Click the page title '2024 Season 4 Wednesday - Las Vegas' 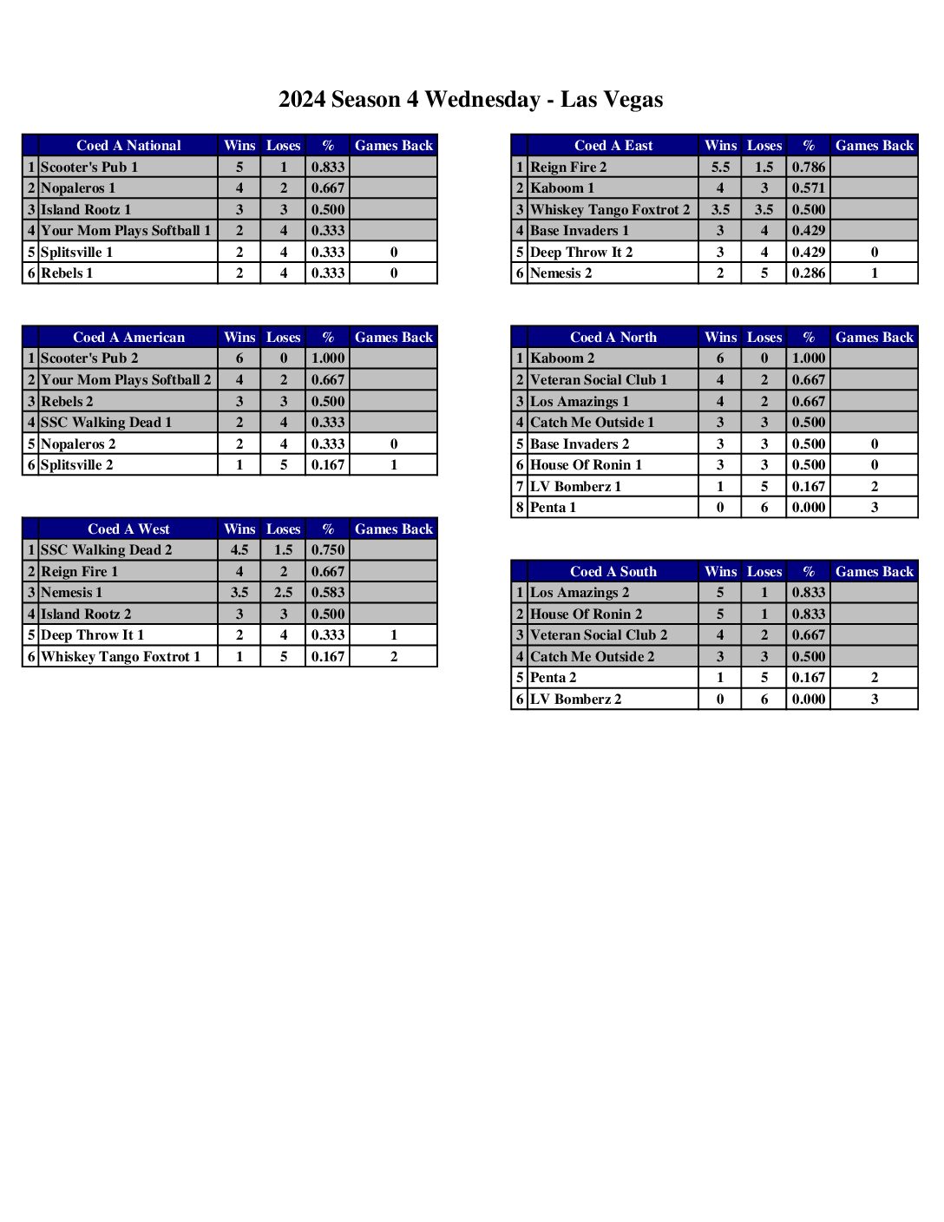coord(470,100)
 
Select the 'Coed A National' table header coord(128,146)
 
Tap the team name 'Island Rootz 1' coord(86,209)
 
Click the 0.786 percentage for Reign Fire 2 coord(808,167)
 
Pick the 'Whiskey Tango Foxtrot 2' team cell coord(610,209)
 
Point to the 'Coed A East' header coord(613,146)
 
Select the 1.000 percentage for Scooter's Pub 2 coord(328,358)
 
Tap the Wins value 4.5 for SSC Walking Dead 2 coord(239,549)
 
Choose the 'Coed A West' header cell coord(128,529)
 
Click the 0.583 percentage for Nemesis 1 coord(328,592)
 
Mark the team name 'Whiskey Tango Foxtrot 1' coord(121,656)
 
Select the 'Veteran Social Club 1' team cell coord(599,379)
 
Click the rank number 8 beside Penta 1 coord(520,507)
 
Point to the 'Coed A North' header coord(613,337)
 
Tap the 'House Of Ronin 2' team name coord(587,614)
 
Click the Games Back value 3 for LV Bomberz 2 coord(874,699)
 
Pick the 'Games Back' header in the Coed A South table coord(874,571)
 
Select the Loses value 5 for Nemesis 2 coord(764,273)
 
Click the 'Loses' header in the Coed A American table coord(283,337)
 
